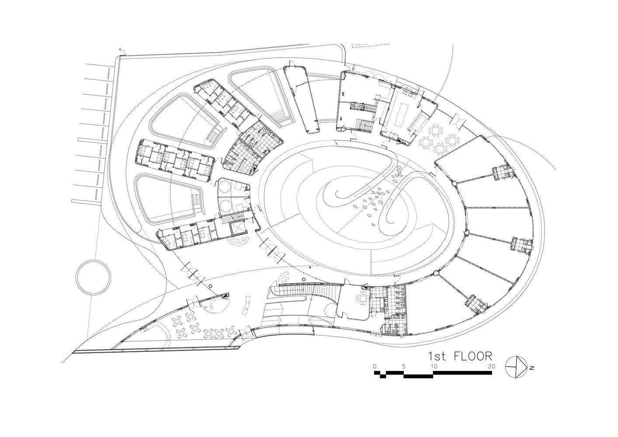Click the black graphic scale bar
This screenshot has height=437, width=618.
click(433, 374)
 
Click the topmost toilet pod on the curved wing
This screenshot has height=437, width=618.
click(501, 173)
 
